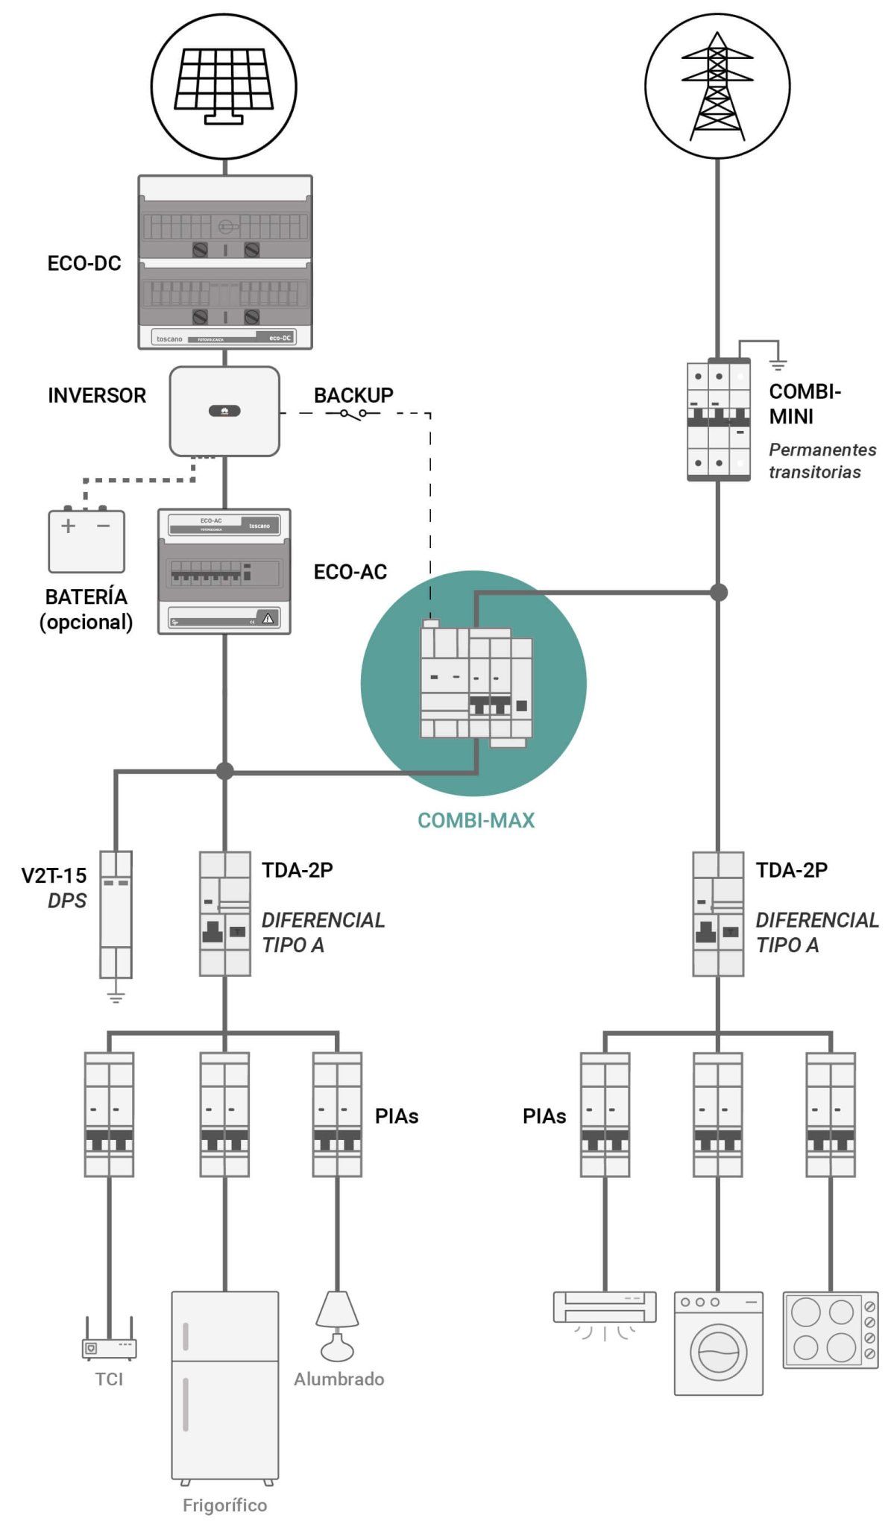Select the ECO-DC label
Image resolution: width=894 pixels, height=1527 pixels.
84,263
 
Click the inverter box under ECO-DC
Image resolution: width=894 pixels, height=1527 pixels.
224,411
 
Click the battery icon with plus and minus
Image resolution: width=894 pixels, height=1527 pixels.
86,541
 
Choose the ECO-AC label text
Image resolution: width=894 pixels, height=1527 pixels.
350,572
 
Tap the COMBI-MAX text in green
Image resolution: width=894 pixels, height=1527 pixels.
476,820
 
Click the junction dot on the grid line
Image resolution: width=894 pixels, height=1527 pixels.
718,592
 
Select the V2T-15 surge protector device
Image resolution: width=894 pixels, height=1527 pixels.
116,914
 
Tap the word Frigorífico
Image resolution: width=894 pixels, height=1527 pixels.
224,1505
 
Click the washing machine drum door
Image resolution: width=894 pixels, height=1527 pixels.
718,1352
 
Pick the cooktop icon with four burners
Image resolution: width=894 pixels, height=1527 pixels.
830,1329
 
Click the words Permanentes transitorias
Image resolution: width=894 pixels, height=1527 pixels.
822,461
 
